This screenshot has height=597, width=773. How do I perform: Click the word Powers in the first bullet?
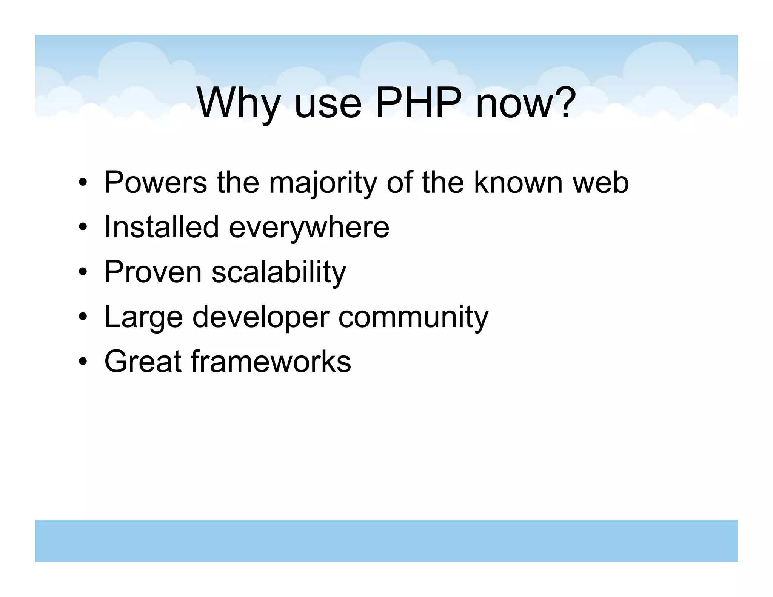pyautogui.click(x=155, y=182)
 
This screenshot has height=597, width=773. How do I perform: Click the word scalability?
pyautogui.click(x=279, y=272)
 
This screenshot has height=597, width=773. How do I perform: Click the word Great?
pyautogui.click(x=143, y=361)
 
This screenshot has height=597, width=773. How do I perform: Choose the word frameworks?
pyautogui.click(x=271, y=361)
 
